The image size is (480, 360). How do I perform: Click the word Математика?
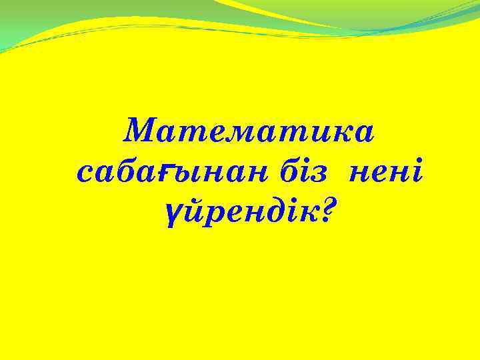pyautogui.click(x=249, y=131)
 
